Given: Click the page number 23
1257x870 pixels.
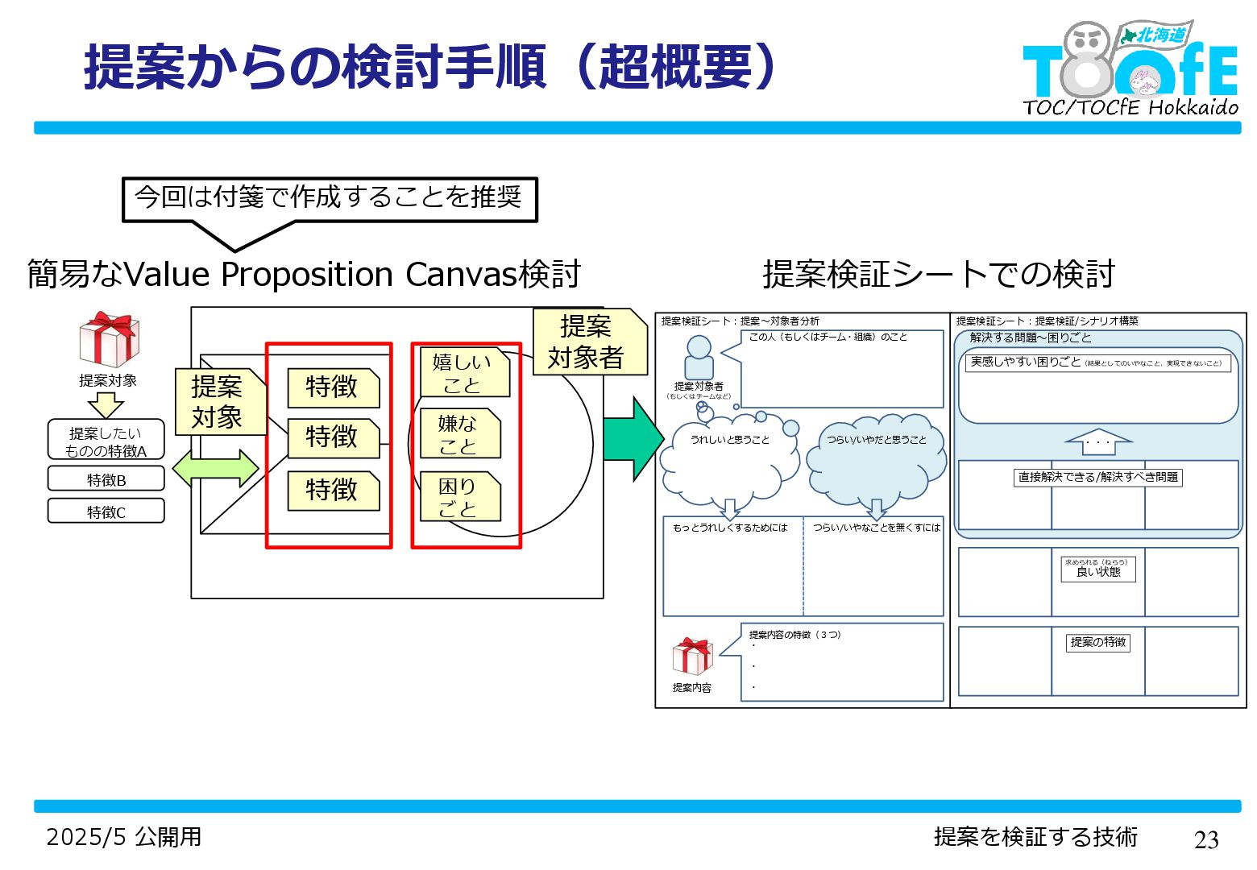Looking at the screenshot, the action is (1205, 839).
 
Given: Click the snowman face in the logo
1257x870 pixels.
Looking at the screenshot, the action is (1089, 39).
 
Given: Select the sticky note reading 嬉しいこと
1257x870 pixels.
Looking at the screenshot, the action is (464, 373).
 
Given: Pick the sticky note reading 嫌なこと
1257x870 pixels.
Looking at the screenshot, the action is (459, 434).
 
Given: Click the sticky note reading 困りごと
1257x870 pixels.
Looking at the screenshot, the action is (459, 497).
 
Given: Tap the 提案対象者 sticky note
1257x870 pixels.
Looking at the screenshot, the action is (588, 342).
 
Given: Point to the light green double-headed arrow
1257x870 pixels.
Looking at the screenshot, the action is (215, 468).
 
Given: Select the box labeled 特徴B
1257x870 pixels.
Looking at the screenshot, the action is (106, 479).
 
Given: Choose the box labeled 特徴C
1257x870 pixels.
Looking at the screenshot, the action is (106, 512).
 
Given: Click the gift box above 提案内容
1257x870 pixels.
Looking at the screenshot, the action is (692, 657).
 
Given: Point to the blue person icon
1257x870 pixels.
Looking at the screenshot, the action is (699, 358).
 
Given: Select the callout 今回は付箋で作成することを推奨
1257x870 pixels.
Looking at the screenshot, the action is (329, 198).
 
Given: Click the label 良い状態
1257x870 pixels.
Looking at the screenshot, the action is (1097, 570).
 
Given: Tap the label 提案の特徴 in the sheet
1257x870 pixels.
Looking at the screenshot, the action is (1097, 642).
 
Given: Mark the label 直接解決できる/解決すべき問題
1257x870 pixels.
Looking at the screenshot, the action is (1097, 477).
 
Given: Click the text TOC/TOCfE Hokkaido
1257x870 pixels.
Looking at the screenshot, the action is (1130, 107).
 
